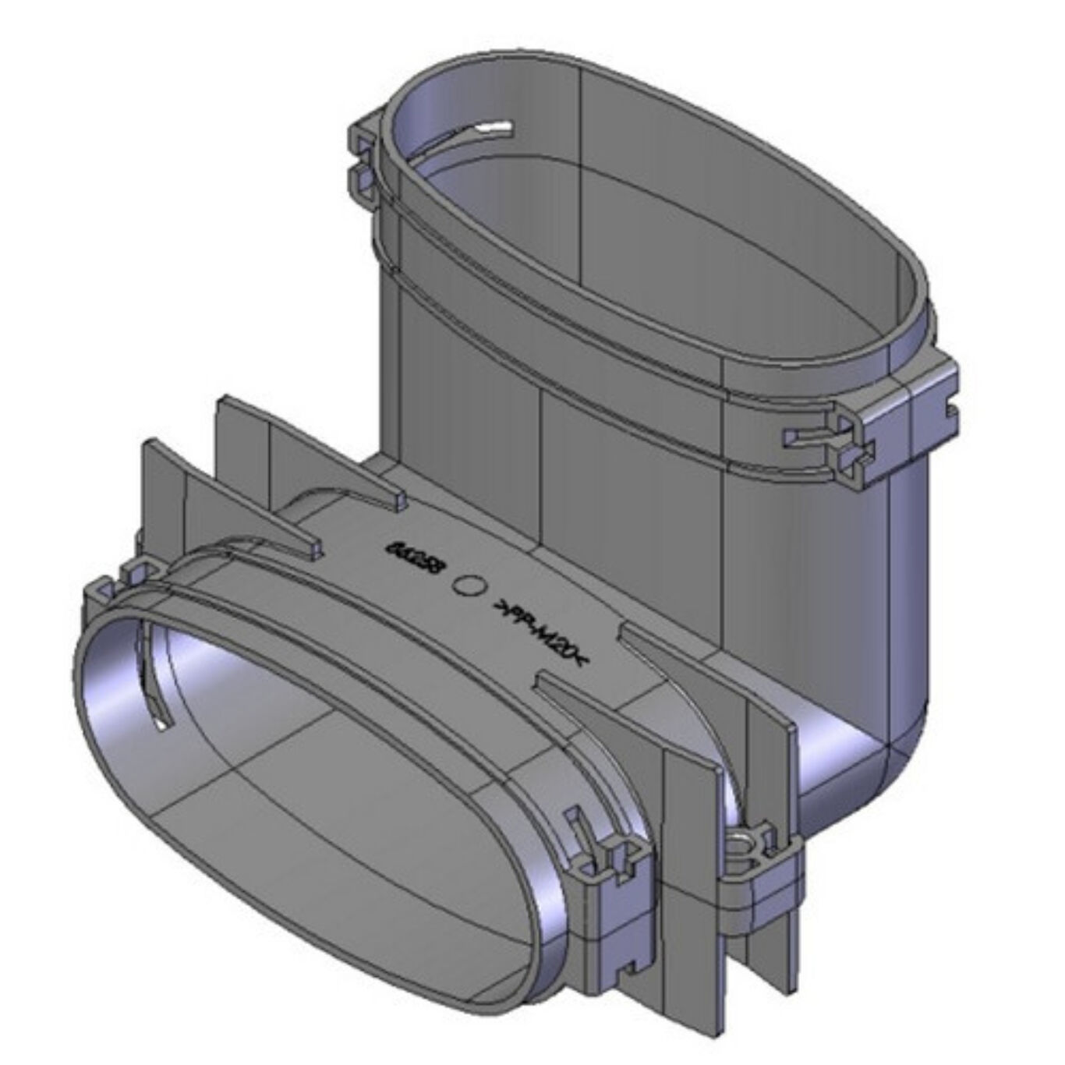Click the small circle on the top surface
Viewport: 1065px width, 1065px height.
point(469,586)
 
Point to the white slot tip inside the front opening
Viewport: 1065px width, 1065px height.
point(161,725)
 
